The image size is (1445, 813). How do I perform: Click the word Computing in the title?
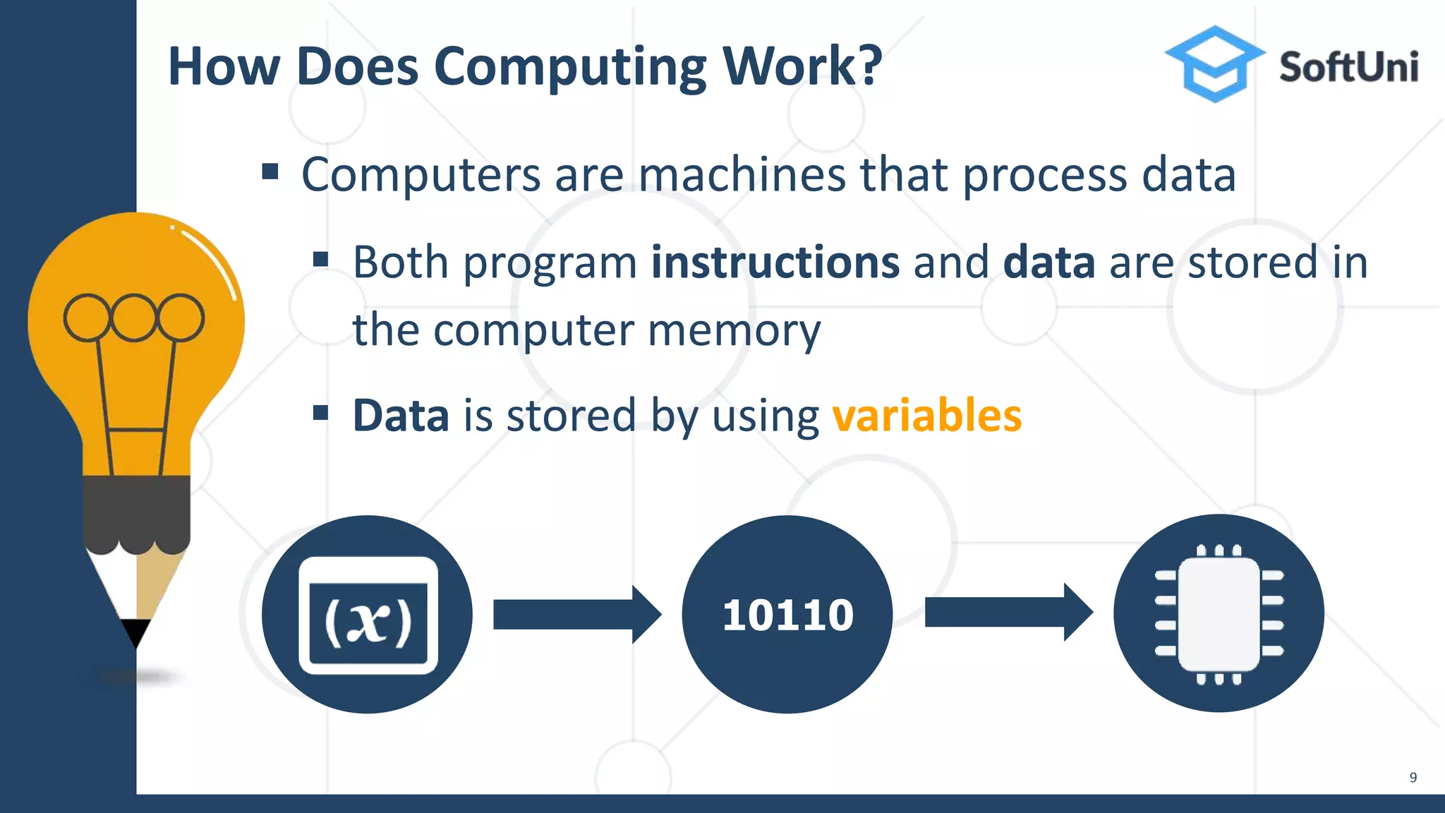tap(570, 67)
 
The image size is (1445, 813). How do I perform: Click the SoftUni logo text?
tap(1348, 68)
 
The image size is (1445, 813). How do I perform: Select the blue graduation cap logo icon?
tap(1214, 64)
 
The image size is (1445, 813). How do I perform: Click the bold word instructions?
tap(775, 263)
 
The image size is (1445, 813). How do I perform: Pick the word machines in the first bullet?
tap(742, 174)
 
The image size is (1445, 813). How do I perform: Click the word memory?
tap(734, 330)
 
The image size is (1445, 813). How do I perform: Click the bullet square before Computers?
tap(270, 171)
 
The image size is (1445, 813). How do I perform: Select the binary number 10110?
tap(787, 615)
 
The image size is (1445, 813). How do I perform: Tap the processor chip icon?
tap(1219, 613)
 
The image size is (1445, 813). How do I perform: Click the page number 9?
tap(1413, 778)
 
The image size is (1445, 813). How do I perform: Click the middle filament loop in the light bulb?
tap(133, 318)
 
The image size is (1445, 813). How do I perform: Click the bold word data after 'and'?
tap(1048, 263)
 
